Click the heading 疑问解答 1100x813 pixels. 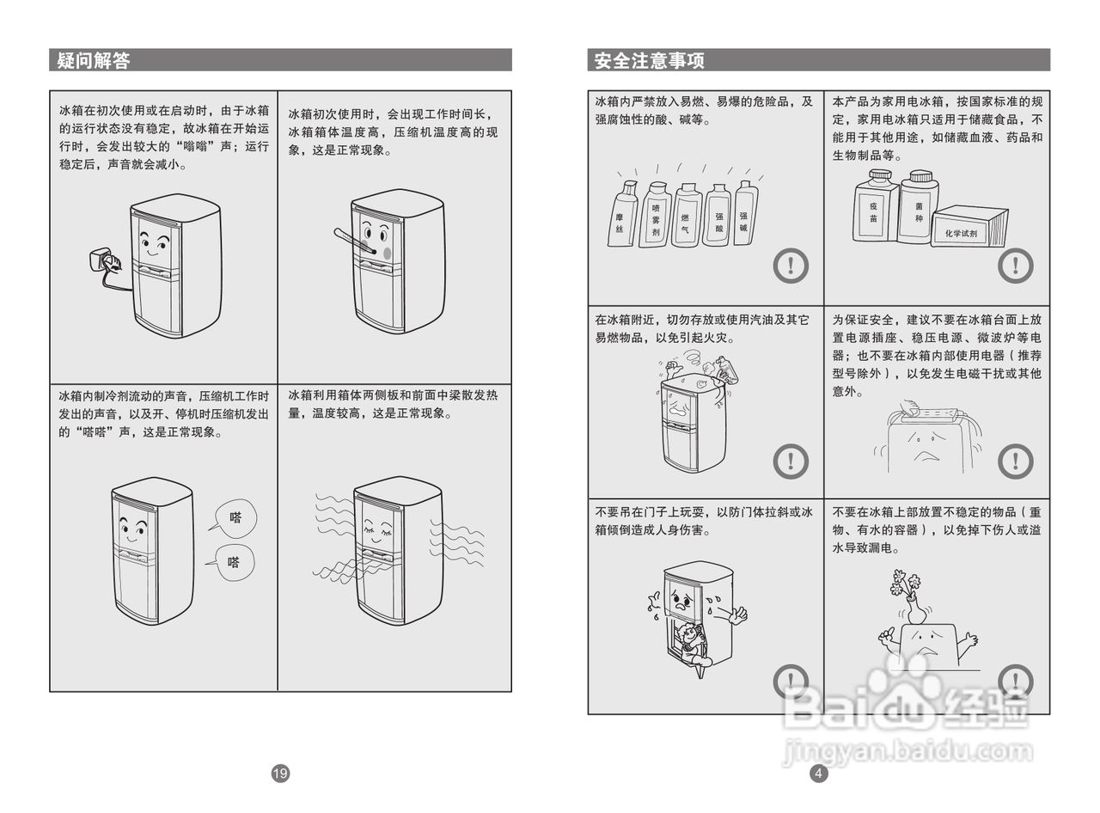(x=94, y=60)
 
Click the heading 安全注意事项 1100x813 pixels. (x=650, y=60)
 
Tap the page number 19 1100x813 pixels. (x=280, y=773)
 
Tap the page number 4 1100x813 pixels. (x=818, y=773)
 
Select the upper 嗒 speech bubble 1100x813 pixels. (x=233, y=518)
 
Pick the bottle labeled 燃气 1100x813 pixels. (x=686, y=217)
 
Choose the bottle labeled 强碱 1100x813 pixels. (x=744, y=215)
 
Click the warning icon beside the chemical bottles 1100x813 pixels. (x=791, y=266)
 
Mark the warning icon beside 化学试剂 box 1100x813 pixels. (x=1015, y=266)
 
